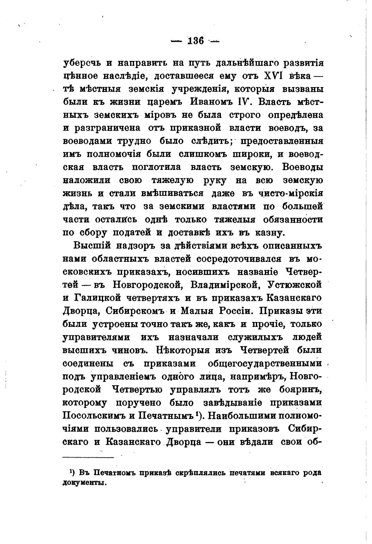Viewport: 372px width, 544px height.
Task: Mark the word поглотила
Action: click(155, 167)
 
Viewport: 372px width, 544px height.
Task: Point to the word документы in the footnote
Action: click(85, 483)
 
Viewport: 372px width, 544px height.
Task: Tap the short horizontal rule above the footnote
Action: click(88, 458)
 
